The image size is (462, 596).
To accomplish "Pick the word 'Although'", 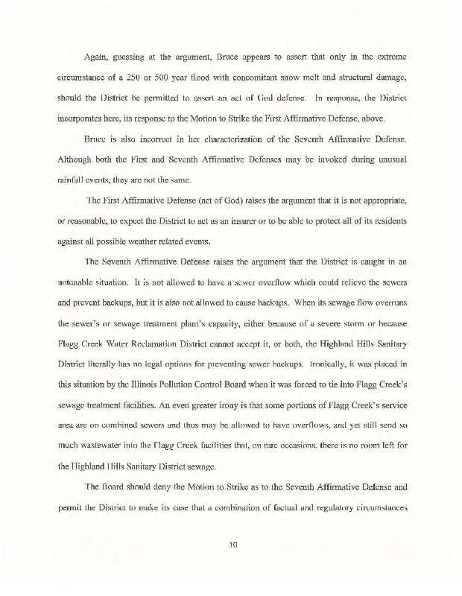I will click(76, 159).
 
